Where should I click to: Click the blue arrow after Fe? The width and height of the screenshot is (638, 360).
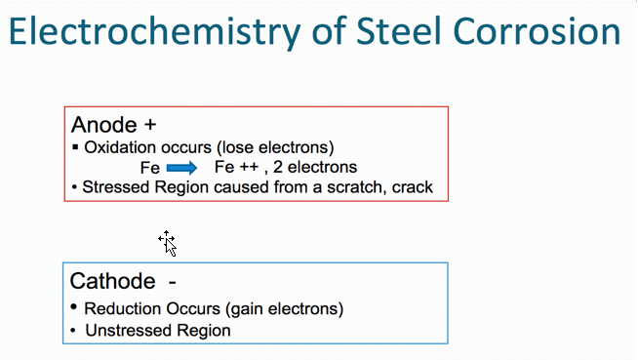[x=182, y=167]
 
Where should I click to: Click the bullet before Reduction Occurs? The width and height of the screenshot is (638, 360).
[x=74, y=307]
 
